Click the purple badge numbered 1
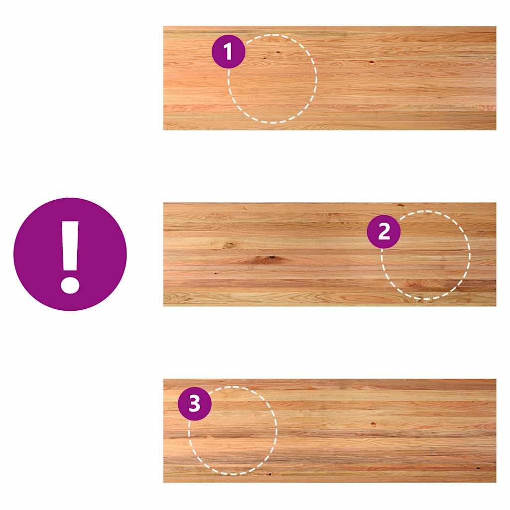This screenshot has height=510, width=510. click(228, 51)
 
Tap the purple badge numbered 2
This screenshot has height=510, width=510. click(384, 232)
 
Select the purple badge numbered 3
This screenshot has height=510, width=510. click(195, 403)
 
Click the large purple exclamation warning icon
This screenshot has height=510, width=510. click(70, 254)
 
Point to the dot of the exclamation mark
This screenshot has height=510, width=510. click(70, 285)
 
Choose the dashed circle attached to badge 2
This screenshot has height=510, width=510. click(470, 255)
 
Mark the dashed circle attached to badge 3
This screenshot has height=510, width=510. click(276, 431)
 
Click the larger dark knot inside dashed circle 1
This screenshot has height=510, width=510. click(278, 52)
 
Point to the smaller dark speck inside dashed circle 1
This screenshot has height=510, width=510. click(264, 58)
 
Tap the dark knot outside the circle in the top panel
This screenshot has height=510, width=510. click(371, 61)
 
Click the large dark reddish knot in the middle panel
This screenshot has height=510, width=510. click(268, 259)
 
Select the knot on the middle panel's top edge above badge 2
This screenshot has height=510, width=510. click(401, 205)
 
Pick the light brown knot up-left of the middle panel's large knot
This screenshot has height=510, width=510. click(229, 245)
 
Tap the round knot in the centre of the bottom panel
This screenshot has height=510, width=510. click(373, 424)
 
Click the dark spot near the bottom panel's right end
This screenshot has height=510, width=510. click(478, 468)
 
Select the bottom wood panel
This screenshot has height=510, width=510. click(330, 431)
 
